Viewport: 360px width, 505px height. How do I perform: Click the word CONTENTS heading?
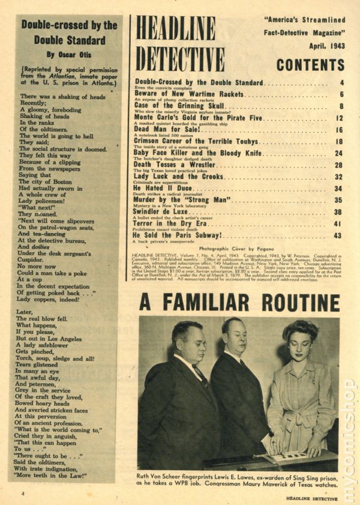click(x=310, y=65)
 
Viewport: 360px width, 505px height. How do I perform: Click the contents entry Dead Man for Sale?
click(x=163, y=129)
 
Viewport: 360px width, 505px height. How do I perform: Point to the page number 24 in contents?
click(x=338, y=153)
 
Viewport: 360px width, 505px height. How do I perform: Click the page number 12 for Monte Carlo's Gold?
click(x=338, y=118)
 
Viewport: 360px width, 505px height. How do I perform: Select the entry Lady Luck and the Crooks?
click(x=179, y=177)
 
